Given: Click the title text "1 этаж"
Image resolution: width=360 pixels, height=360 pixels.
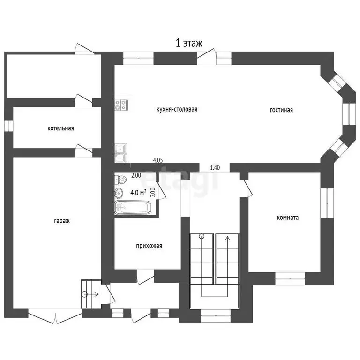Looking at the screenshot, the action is tap(189, 43).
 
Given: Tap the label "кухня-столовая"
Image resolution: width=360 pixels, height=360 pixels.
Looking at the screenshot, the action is tap(177, 109).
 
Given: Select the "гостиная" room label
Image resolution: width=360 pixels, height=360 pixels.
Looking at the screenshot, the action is tap(281, 110).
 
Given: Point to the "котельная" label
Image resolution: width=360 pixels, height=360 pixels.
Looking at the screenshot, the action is tap(60, 128).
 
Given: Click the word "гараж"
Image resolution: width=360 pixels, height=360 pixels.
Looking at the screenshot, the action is tap(62, 221).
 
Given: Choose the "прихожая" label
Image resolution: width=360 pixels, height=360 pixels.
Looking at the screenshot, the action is tap(149, 246).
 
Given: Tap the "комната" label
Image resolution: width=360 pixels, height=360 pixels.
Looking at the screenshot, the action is tap(288, 217).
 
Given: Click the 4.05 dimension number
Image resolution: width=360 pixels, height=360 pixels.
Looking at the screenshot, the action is tap(158, 160).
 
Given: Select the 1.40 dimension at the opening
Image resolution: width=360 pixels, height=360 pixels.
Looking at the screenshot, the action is tap(215, 168).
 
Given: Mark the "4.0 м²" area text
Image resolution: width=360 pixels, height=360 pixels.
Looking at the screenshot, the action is tap(138, 193).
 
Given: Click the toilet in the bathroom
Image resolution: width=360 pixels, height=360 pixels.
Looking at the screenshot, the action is tap(120, 180).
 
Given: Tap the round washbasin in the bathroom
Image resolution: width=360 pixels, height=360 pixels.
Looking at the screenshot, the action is tap(119, 193).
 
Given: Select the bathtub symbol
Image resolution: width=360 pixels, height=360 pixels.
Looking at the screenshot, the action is tap(133, 208).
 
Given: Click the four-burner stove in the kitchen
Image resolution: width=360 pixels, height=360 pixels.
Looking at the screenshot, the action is tap(121, 105).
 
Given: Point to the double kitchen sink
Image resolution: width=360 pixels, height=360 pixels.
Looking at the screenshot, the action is tap(121, 153).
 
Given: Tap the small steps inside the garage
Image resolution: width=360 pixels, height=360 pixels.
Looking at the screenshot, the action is tap(91, 294).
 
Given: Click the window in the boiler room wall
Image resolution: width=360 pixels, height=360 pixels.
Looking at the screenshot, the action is tap(9, 126).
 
